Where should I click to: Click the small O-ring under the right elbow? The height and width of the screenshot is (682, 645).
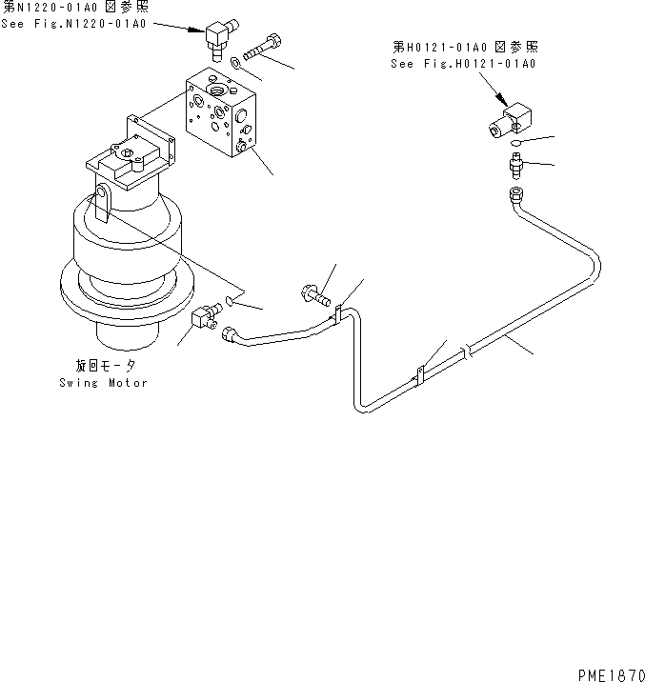[x=514, y=144]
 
